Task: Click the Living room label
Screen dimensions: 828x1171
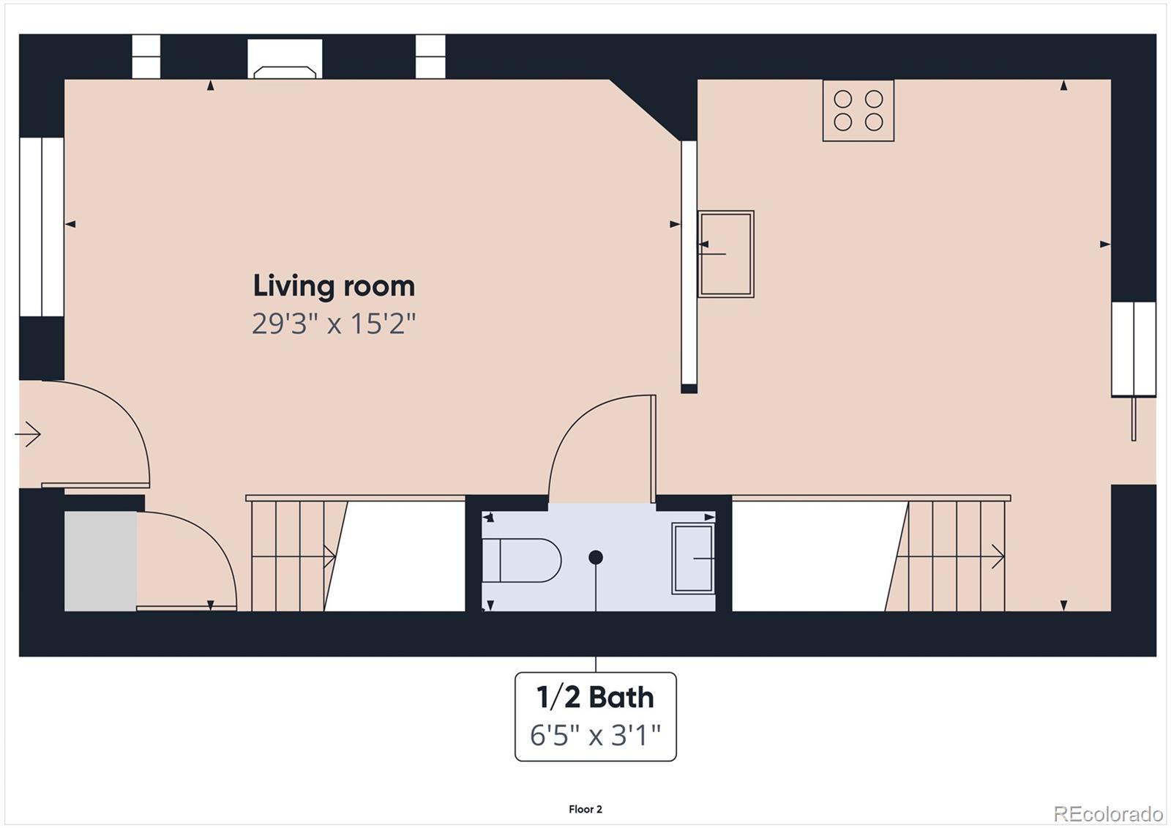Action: click(x=334, y=286)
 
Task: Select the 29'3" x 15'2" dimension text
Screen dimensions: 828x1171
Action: click(x=334, y=323)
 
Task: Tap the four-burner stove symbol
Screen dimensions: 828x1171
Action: click(x=858, y=111)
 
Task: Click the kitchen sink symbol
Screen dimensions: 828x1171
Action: click(x=726, y=254)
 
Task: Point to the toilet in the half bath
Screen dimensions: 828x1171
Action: click(x=521, y=560)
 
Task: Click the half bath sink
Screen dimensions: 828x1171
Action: click(x=692, y=559)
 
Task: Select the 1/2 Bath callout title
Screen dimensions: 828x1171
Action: click(x=595, y=698)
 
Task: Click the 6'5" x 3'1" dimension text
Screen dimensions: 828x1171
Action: click(x=595, y=735)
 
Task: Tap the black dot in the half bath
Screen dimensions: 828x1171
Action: click(x=596, y=557)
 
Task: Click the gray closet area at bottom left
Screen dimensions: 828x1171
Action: click(x=100, y=561)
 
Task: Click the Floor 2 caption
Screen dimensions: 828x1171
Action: click(x=585, y=809)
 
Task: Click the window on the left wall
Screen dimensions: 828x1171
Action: click(x=42, y=227)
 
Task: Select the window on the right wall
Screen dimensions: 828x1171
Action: click(x=1133, y=348)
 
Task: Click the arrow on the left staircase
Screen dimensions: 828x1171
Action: click(x=329, y=556)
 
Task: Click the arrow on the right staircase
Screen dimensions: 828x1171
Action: click(x=997, y=556)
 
